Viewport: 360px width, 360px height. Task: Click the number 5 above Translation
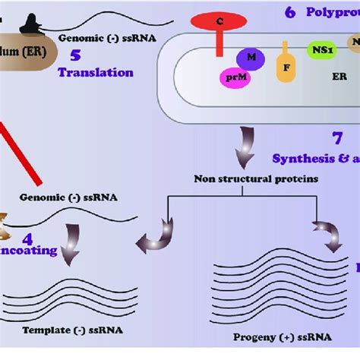[x=75, y=55]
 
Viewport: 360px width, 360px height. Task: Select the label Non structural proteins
[x=245, y=179]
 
